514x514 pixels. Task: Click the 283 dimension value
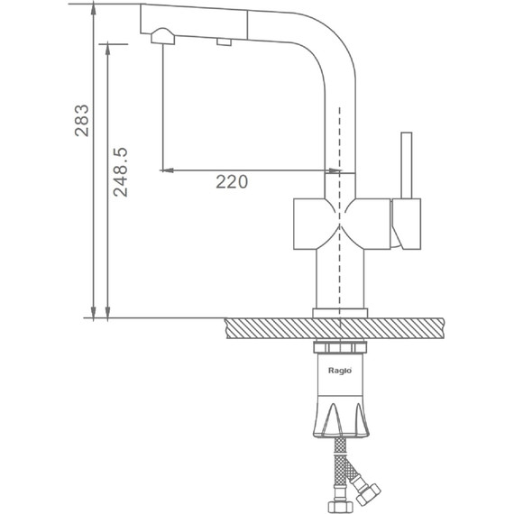click(x=82, y=120)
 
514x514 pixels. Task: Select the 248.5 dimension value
click(x=120, y=172)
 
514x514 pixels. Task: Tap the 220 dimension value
click(x=232, y=182)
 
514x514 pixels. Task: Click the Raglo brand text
click(x=340, y=371)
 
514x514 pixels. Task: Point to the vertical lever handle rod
click(x=407, y=166)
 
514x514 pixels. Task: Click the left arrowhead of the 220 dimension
click(x=167, y=170)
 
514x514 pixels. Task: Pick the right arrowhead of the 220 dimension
click(x=335, y=170)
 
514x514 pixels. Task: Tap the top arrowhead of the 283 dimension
click(x=94, y=9)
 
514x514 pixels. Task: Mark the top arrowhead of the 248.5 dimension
click(x=108, y=50)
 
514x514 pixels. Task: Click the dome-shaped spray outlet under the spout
click(x=162, y=36)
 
